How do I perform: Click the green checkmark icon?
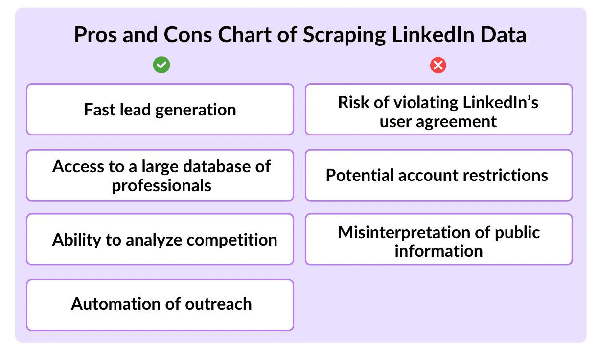[161, 65]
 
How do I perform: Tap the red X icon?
[438, 65]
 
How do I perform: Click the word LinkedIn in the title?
[433, 34]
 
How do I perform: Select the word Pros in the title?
[95, 34]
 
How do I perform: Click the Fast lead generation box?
[160, 109]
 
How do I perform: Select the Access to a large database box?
[160, 175]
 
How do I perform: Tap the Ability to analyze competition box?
[160, 239]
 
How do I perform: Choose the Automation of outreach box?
[160, 305]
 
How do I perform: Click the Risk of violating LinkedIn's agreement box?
[438, 109]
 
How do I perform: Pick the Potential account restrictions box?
[438, 175]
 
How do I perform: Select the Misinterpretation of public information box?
[438, 239]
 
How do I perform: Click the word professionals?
[161, 186]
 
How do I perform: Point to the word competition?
[232, 240]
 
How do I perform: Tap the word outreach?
[218, 304]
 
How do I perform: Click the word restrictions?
[505, 175]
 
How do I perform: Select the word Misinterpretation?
[404, 233]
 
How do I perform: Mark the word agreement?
[456, 122]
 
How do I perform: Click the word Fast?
[100, 110]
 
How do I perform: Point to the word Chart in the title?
[245, 34]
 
